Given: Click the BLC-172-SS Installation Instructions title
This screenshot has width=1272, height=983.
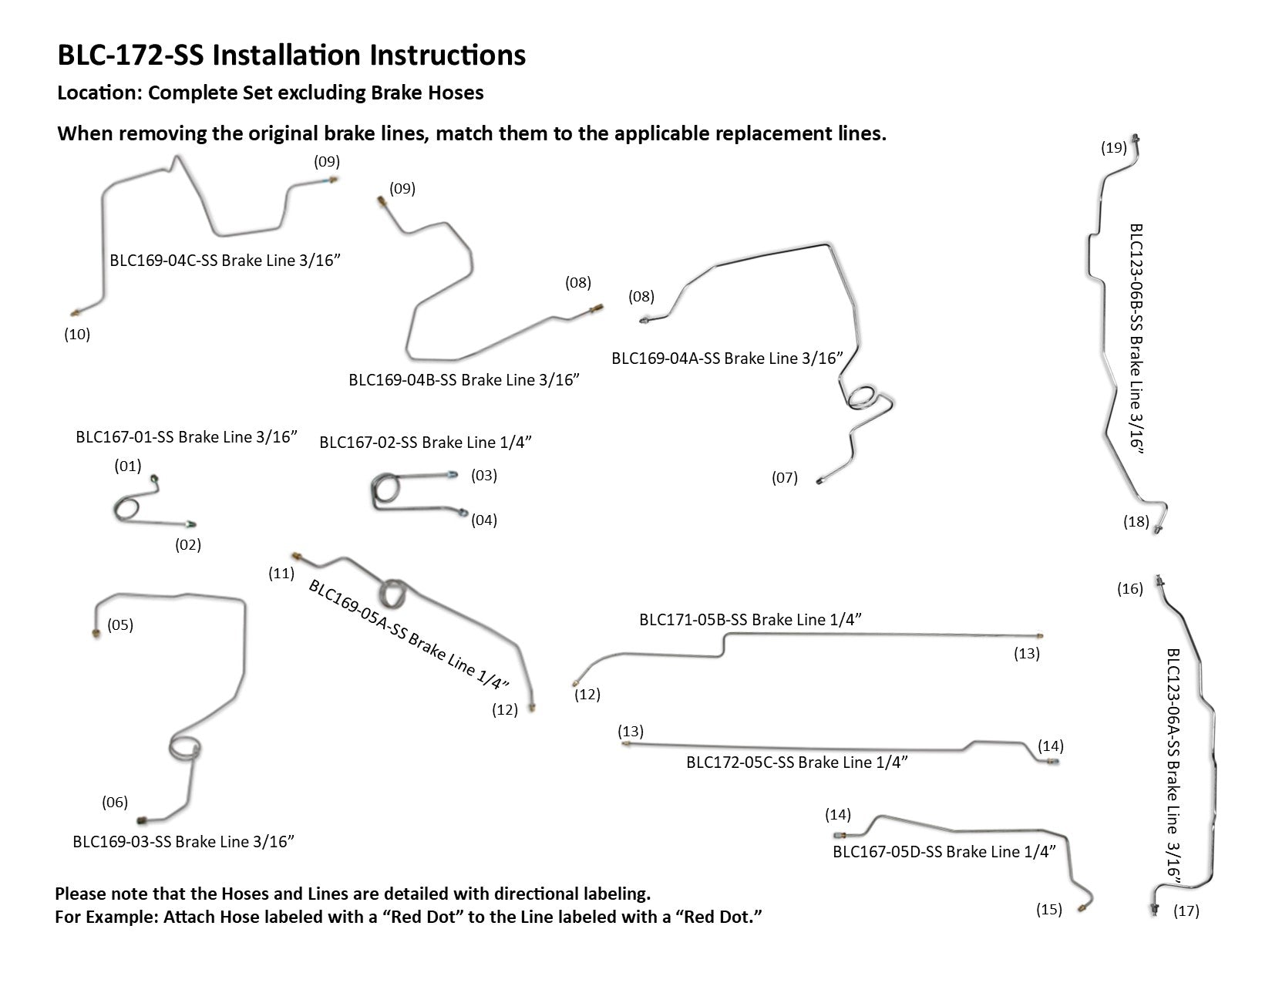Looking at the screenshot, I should pos(291,56).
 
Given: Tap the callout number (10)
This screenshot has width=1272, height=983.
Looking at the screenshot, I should pos(77,335).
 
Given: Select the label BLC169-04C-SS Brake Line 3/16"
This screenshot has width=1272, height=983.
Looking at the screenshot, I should pos(225,260).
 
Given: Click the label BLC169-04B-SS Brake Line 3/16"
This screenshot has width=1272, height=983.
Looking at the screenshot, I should pos(464,379).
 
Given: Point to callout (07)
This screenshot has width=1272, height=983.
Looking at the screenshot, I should pos(785,478).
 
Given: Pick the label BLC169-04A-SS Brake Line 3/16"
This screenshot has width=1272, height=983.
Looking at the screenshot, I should pos(727,358).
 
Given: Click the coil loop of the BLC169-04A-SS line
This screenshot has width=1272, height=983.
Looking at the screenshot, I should pos(862,398).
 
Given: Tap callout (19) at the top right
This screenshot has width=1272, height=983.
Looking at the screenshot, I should pos(1114,148).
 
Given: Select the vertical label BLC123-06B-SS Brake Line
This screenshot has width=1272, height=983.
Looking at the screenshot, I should pos(1136,339).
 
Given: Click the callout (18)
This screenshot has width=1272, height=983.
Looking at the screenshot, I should pos(1136,522).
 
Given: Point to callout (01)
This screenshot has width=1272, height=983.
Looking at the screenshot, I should pos(128,466).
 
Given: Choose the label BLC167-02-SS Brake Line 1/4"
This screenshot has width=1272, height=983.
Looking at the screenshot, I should pos(426,443).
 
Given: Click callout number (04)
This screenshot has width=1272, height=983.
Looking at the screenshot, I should pos(484,520).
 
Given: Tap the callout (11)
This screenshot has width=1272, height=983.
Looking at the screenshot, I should pos(281,573).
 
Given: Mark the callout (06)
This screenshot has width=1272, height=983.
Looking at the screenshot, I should pos(115,803).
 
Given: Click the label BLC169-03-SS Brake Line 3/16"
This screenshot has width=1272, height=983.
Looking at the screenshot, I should pos(183,841).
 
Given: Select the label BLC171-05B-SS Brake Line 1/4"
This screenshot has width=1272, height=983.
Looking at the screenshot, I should pos(750,619).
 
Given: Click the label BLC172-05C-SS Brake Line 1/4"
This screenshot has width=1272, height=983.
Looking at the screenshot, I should pos(796,762).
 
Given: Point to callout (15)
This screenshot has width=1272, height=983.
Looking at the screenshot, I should pos(1049,910).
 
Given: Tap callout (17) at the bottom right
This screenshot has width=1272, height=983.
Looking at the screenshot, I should pos(1186,911).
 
